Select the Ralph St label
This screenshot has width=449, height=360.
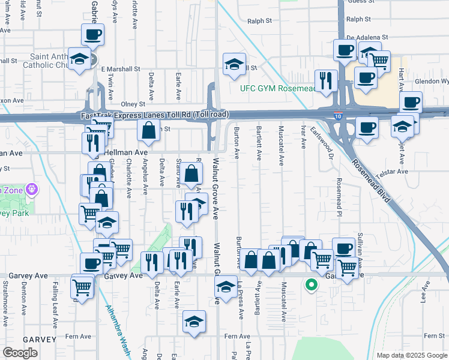259,20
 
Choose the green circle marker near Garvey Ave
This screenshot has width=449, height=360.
311,286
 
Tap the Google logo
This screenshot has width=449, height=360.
20,353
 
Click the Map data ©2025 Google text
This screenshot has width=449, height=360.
411,355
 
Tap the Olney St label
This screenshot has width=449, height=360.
133,104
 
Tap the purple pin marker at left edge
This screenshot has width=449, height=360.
32,190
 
